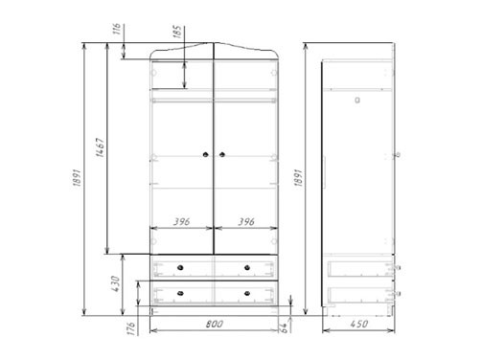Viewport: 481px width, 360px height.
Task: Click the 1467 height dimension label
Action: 101,147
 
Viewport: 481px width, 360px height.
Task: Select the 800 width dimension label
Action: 215,325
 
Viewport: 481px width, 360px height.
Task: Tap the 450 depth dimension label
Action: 359,324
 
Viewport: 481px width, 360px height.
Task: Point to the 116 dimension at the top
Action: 117,29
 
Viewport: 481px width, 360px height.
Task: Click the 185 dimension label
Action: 177,32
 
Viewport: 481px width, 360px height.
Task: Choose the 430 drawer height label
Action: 115,283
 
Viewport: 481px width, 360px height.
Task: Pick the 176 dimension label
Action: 131,328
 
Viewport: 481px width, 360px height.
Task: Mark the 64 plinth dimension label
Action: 284,327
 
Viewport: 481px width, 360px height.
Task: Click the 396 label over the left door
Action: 182,221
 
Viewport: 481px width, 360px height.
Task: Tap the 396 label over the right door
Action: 246,221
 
